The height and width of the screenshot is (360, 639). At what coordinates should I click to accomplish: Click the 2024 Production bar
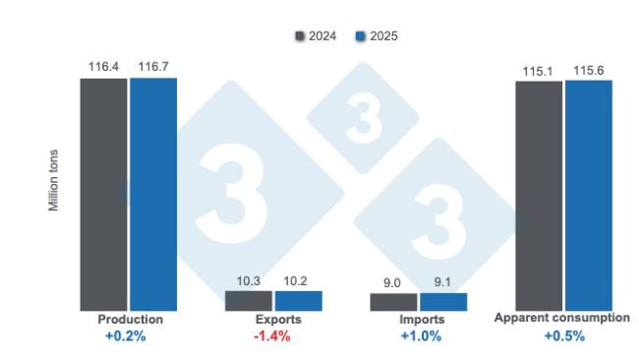[103, 195]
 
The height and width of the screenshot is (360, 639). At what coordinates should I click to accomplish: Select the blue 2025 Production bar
[152, 195]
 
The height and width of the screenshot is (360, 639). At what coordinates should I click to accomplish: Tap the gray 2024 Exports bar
[249, 300]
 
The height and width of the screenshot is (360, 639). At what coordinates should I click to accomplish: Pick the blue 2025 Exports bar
[298, 301]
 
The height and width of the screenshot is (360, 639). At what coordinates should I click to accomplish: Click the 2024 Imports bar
[394, 302]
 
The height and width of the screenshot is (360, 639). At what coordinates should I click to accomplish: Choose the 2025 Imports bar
[443, 302]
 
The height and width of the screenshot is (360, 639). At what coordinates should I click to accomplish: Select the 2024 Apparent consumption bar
[539, 196]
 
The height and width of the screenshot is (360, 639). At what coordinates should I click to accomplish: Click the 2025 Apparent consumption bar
[588, 196]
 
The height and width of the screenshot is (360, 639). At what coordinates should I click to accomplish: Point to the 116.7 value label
[152, 67]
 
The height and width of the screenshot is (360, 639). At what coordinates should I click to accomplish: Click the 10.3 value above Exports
[249, 280]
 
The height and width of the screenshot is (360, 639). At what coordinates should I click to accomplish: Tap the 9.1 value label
[443, 282]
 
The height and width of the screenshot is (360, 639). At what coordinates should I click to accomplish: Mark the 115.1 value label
[539, 70]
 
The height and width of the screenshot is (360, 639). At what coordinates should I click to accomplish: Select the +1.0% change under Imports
[421, 336]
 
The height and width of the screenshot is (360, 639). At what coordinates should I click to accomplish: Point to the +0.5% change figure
[564, 336]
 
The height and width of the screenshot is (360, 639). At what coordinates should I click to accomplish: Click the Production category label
[131, 320]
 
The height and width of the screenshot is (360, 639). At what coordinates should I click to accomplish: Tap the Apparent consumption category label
[561, 319]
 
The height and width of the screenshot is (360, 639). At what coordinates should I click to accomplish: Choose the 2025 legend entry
[377, 36]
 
